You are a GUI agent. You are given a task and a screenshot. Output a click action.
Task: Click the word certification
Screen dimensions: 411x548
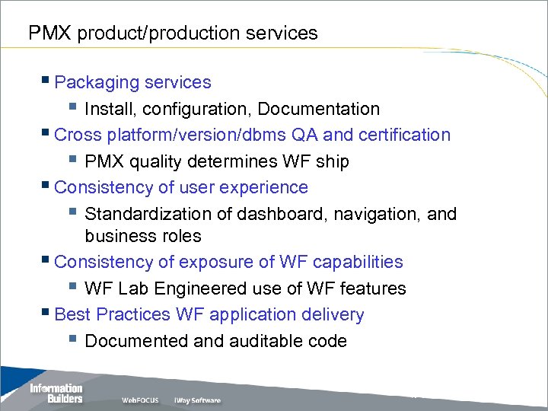click(404, 135)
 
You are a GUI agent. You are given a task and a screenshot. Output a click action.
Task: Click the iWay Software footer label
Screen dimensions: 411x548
click(196, 400)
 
